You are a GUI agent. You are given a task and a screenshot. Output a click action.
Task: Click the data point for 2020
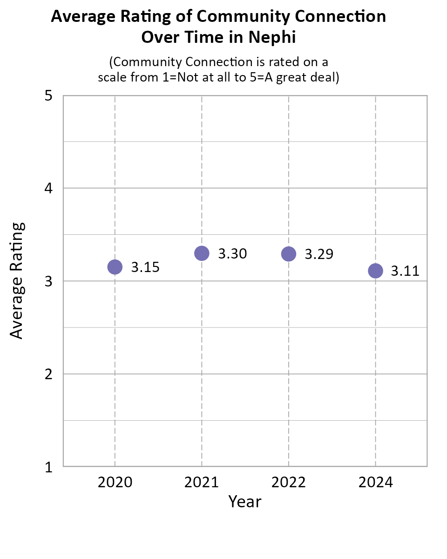pyautogui.click(x=115, y=267)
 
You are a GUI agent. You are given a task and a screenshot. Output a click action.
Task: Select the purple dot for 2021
pyautogui.click(x=202, y=253)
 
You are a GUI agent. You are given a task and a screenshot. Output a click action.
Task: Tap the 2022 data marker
pyautogui.click(x=289, y=254)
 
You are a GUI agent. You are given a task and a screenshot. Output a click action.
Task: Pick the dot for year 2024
pyautogui.click(x=375, y=271)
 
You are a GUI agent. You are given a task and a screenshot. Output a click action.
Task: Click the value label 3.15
pyautogui.click(x=145, y=267)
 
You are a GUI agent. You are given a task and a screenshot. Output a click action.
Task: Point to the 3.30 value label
pyautogui.click(x=232, y=254)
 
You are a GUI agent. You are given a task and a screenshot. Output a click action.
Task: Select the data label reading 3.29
pyautogui.click(x=319, y=254)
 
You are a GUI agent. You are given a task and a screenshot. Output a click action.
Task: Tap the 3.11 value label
pyautogui.click(x=405, y=271)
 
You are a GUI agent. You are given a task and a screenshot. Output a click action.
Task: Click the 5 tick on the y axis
pyautogui.click(x=47, y=96)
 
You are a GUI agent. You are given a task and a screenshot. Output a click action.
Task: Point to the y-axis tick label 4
pyautogui.click(x=47, y=189)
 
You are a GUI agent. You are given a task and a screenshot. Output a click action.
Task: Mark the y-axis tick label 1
pyautogui.click(x=47, y=467)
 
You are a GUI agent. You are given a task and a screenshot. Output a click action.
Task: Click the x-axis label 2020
pyautogui.click(x=115, y=482)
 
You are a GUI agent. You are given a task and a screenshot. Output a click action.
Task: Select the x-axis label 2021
pyautogui.click(x=202, y=482)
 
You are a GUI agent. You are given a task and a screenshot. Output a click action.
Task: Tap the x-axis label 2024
pyautogui.click(x=375, y=482)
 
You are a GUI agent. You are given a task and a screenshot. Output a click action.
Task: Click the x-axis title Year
pyautogui.click(x=245, y=502)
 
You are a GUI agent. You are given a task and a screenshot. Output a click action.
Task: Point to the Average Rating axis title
pyautogui.click(x=17, y=281)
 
